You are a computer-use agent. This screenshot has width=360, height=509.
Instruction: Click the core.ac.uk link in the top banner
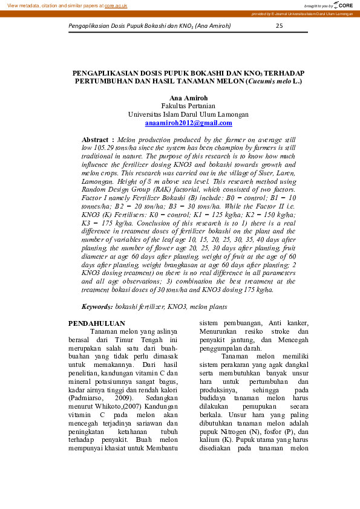pyautogui.click(x=116, y=5)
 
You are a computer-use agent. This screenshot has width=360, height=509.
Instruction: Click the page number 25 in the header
pyautogui.click(x=279, y=26)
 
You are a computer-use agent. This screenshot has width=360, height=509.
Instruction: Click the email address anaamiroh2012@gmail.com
pyautogui.click(x=188, y=123)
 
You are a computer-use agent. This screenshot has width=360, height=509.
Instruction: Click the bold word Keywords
pyautogui.click(x=97, y=307)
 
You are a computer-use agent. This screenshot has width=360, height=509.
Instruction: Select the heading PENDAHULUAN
pyautogui.click(x=97, y=323)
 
